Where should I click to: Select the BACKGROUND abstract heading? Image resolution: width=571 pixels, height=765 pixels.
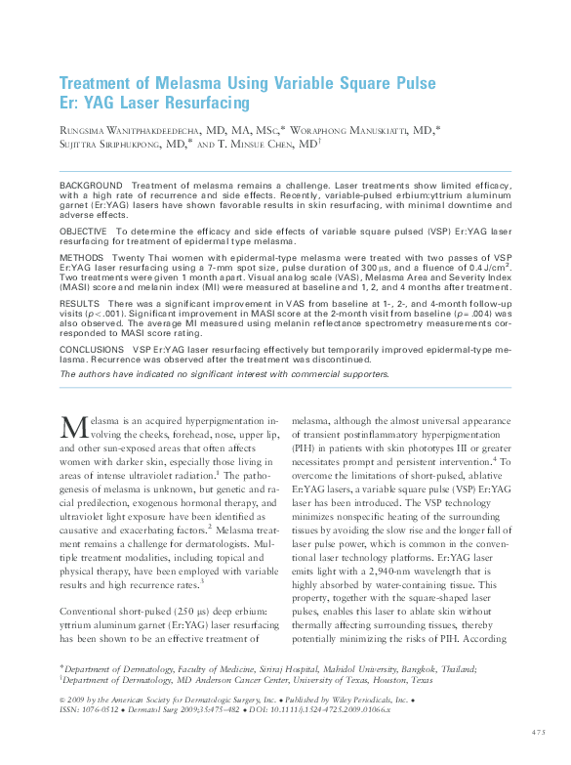pos(91,185)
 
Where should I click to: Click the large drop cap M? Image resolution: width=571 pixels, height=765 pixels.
pos(74,427)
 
